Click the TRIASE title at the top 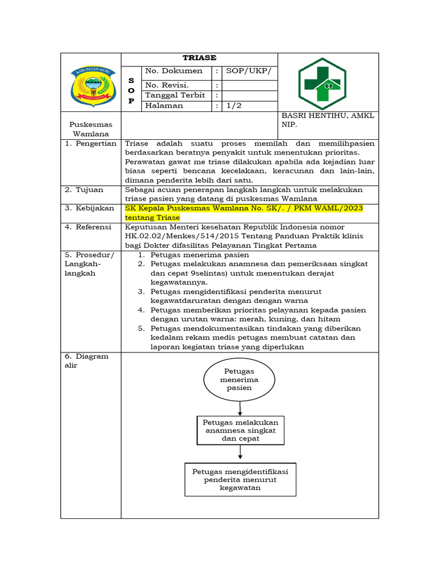tap(199, 59)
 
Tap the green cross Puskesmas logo tap(322, 83)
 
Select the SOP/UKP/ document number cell tap(249, 71)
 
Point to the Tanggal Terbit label tap(175, 95)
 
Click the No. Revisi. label tap(167, 84)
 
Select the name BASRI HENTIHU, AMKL tap(328, 116)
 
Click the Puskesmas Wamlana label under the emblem tap(91, 129)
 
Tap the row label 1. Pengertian tap(91, 144)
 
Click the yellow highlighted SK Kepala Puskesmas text tap(244, 209)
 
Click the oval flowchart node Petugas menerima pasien tap(240, 379)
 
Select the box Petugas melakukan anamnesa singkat tap(240, 430)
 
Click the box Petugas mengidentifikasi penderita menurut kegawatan tap(240, 479)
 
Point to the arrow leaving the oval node tap(240, 408)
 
